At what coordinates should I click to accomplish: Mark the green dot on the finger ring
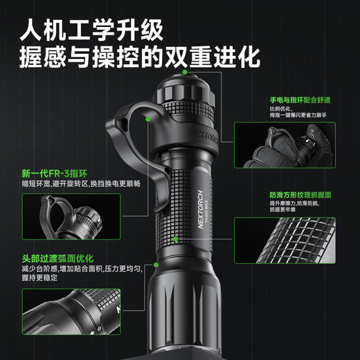click(x=149, y=118)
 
